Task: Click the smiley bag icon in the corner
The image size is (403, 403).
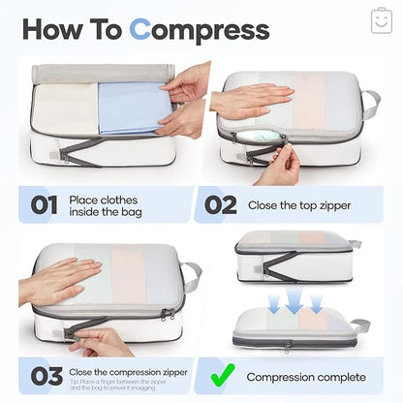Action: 381,20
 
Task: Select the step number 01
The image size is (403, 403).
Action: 45,205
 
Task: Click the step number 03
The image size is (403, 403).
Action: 45,376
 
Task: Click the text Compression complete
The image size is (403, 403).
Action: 306,377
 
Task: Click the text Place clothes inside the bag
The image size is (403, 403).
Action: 108,205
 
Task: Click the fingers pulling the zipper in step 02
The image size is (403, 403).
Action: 279,165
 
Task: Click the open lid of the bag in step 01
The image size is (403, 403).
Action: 102,74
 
